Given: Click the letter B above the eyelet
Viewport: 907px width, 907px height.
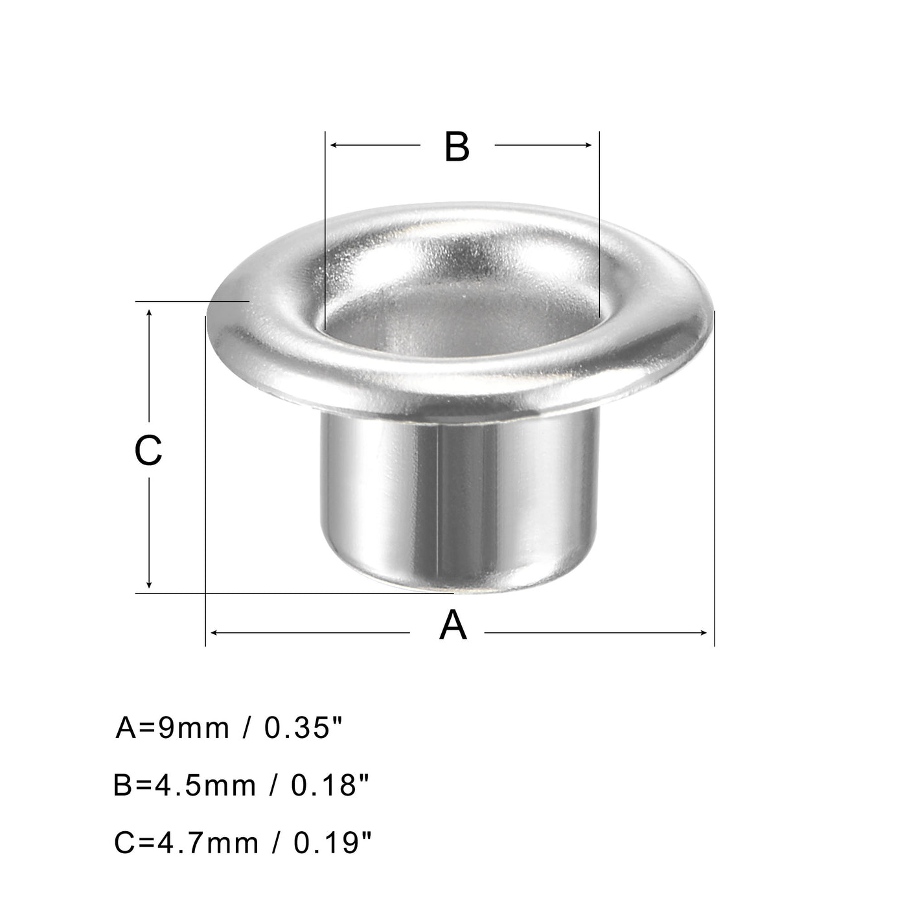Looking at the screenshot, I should click(457, 147).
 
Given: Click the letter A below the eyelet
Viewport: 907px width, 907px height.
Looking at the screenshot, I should click(453, 626).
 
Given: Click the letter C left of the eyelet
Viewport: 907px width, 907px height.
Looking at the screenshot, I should click(148, 451).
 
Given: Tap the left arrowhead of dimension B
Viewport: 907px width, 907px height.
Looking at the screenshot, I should click(333, 145).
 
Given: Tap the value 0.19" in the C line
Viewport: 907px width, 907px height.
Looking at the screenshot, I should click(333, 843).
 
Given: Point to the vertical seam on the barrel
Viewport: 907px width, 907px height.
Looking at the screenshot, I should click(439, 505).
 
